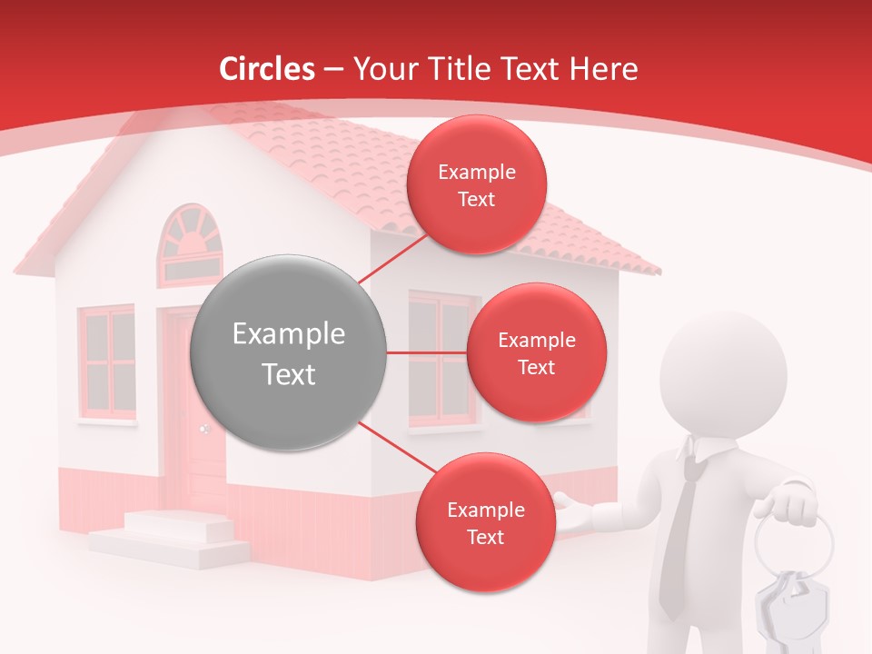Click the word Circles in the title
point(266,69)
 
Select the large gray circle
point(289,352)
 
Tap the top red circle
point(477,184)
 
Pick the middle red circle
point(536,352)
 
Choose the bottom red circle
point(485,522)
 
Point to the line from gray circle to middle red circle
point(427,352)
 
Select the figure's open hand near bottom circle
point(574,513)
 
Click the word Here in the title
point(604,69)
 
